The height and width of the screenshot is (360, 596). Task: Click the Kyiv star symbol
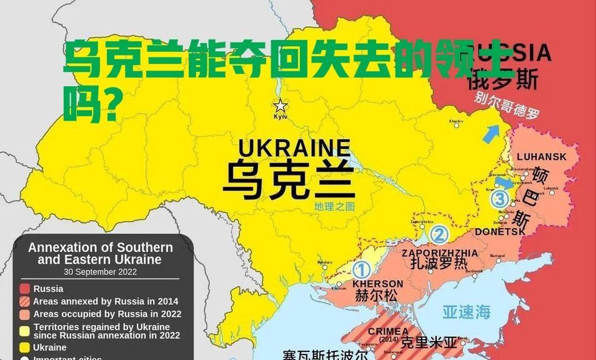click(x=281, y=106)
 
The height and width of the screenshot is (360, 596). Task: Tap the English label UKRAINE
click(x=294, y=148)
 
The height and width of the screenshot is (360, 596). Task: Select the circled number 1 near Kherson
click(x=361, y=270)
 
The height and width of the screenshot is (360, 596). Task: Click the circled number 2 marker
click(x=439, y=235)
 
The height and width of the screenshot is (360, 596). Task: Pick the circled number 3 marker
click(x=499, y=200)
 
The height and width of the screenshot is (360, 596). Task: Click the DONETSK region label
click(x=500, y=231)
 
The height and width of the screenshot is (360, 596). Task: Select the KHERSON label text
click(x=378, y=283)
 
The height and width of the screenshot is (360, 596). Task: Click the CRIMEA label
click(x=388, y=331)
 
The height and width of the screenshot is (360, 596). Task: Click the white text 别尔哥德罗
click(x=507, y=105)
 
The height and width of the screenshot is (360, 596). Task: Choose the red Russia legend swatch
click(x=25, y=289)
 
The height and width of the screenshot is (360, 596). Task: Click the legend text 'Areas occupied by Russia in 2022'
click(x=107, y=314)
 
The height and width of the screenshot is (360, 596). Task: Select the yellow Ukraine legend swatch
click(x=25, y=347)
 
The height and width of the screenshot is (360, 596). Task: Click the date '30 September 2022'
click(x=100, y=272)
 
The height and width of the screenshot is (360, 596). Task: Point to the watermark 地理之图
click(x=334, y=206)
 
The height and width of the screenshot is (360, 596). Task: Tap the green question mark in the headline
click(x=111, y=106)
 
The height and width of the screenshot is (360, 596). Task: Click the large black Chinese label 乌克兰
click(x=289, y=179)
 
